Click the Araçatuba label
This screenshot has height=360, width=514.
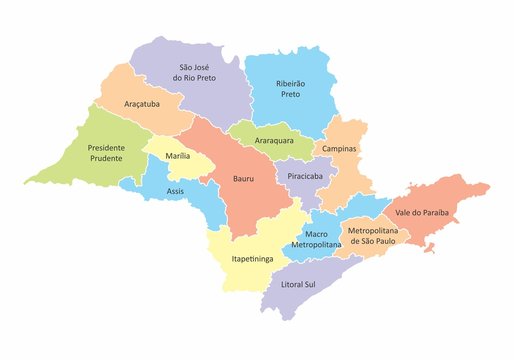pyautogui.click(x=147, y=103)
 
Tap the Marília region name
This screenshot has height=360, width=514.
pyautogui.click(x=178, y=156)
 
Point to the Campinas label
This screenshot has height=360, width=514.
pyautogui.click(x=339, y=148)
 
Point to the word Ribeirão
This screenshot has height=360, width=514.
pyautogui.click(x=291, y=86)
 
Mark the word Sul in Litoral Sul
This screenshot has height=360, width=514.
pyautogui.click(x=328, y=284)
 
